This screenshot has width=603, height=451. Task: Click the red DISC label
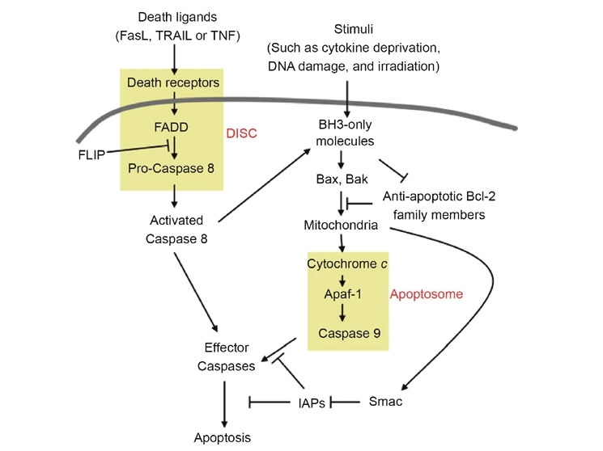click(240, 133)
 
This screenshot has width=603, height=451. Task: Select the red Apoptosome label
click(426, 294)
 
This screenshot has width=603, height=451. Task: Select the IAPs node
click(310, 402)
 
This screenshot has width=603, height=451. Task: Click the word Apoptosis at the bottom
click(223, 438)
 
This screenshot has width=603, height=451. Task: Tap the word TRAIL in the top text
click(173, 36)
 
